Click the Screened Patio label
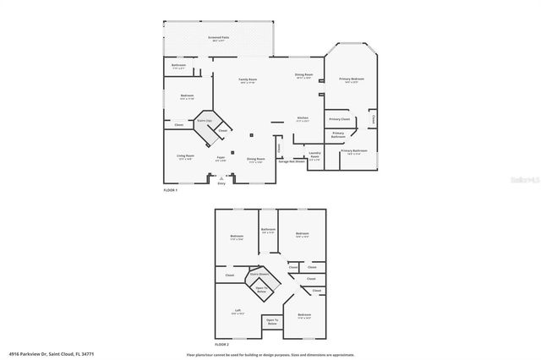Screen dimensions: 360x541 (x=219, y=38)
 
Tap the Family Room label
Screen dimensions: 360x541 (x=249, y=80)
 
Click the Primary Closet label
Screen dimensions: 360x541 (x=340, y=119)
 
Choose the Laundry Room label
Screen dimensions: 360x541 (x=314, y=154)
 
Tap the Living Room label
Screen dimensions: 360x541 (x=185, y=156)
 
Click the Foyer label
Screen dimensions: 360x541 (x=220, y=157)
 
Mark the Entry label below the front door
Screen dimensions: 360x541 (x=221, y=183)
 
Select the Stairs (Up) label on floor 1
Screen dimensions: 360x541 (x=205, y=121)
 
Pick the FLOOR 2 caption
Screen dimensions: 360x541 (x=221, y=345)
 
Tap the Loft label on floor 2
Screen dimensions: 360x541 (x=238, y=311)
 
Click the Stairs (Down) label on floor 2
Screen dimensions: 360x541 (x=260, y=274)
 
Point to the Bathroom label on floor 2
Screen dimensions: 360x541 (x=269, y=230)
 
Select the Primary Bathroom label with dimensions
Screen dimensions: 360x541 (x=356, y=152)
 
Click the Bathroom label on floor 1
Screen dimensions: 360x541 (x=178, y=66)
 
